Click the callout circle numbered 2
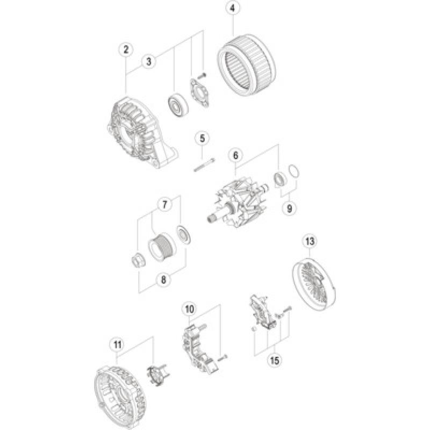point(126,50)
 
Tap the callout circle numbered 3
point(149,62)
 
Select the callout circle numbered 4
point(232,9)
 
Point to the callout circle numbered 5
point(202,139)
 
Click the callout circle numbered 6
point(234,155)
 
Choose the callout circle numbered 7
point(165,204)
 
